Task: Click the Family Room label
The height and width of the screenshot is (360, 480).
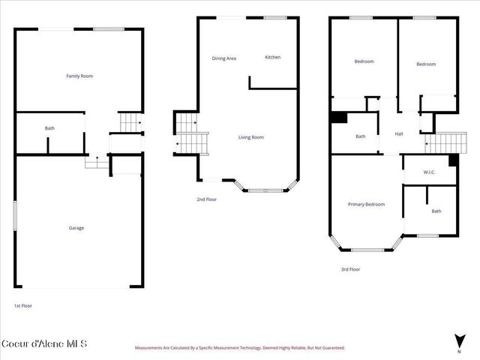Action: (x=79, y=76)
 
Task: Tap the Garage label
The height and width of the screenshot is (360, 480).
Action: (x=76, y=228)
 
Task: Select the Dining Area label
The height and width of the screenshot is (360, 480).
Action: (x=223, y=58)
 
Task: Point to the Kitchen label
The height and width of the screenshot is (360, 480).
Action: (x=272, y=57)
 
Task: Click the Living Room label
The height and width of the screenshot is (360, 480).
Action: (x=251, y=137)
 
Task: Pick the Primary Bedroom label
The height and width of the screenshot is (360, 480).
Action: (x=366, y=204)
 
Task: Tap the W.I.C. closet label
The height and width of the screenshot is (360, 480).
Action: (x=429, y=172)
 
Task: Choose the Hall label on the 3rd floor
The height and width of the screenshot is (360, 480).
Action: (x=399, y=134)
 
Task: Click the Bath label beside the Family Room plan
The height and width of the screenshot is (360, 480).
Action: (x=49, y=128)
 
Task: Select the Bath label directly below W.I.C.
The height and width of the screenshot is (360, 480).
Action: (x=436, y=211)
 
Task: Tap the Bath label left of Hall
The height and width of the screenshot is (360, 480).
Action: (x=361, y=136)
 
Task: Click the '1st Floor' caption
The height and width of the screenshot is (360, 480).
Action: (x=22, y=306)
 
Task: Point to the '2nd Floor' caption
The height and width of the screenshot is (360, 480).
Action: (x=206, y=199)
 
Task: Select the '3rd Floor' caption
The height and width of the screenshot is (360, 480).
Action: (x=350, y=268)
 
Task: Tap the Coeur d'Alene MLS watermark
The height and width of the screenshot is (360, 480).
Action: (x=44, y=344)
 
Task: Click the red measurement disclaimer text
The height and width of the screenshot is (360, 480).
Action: (x=239, y=348)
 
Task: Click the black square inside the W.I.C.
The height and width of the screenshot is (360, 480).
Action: (x=453, y=160)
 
